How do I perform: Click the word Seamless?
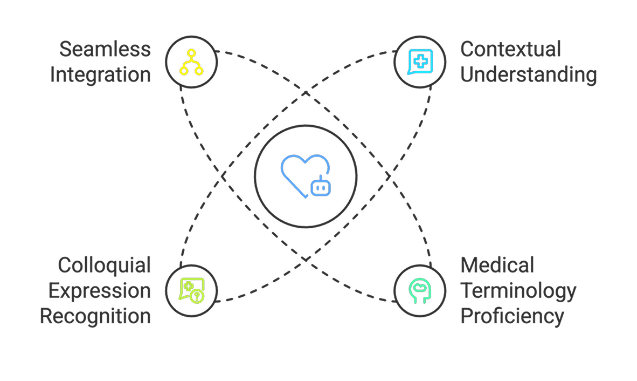[105, 50]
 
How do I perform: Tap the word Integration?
[101, 74]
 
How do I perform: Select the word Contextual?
[510, 50]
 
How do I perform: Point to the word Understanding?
[528, 74]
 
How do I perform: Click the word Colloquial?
[104, 265]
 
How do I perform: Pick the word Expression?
[100, 290]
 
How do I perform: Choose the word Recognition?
[95, 316]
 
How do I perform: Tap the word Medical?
[497, 265]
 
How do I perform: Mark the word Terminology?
[518, 290]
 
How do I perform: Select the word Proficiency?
[512, 316]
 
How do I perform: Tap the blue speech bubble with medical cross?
[419, 61]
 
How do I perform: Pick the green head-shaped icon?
[419, 290]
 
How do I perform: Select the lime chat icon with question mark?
[191, 290]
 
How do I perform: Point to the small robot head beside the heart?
[320, 187]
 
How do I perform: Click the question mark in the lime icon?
[197, 296]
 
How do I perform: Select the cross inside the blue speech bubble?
[420, 59]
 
